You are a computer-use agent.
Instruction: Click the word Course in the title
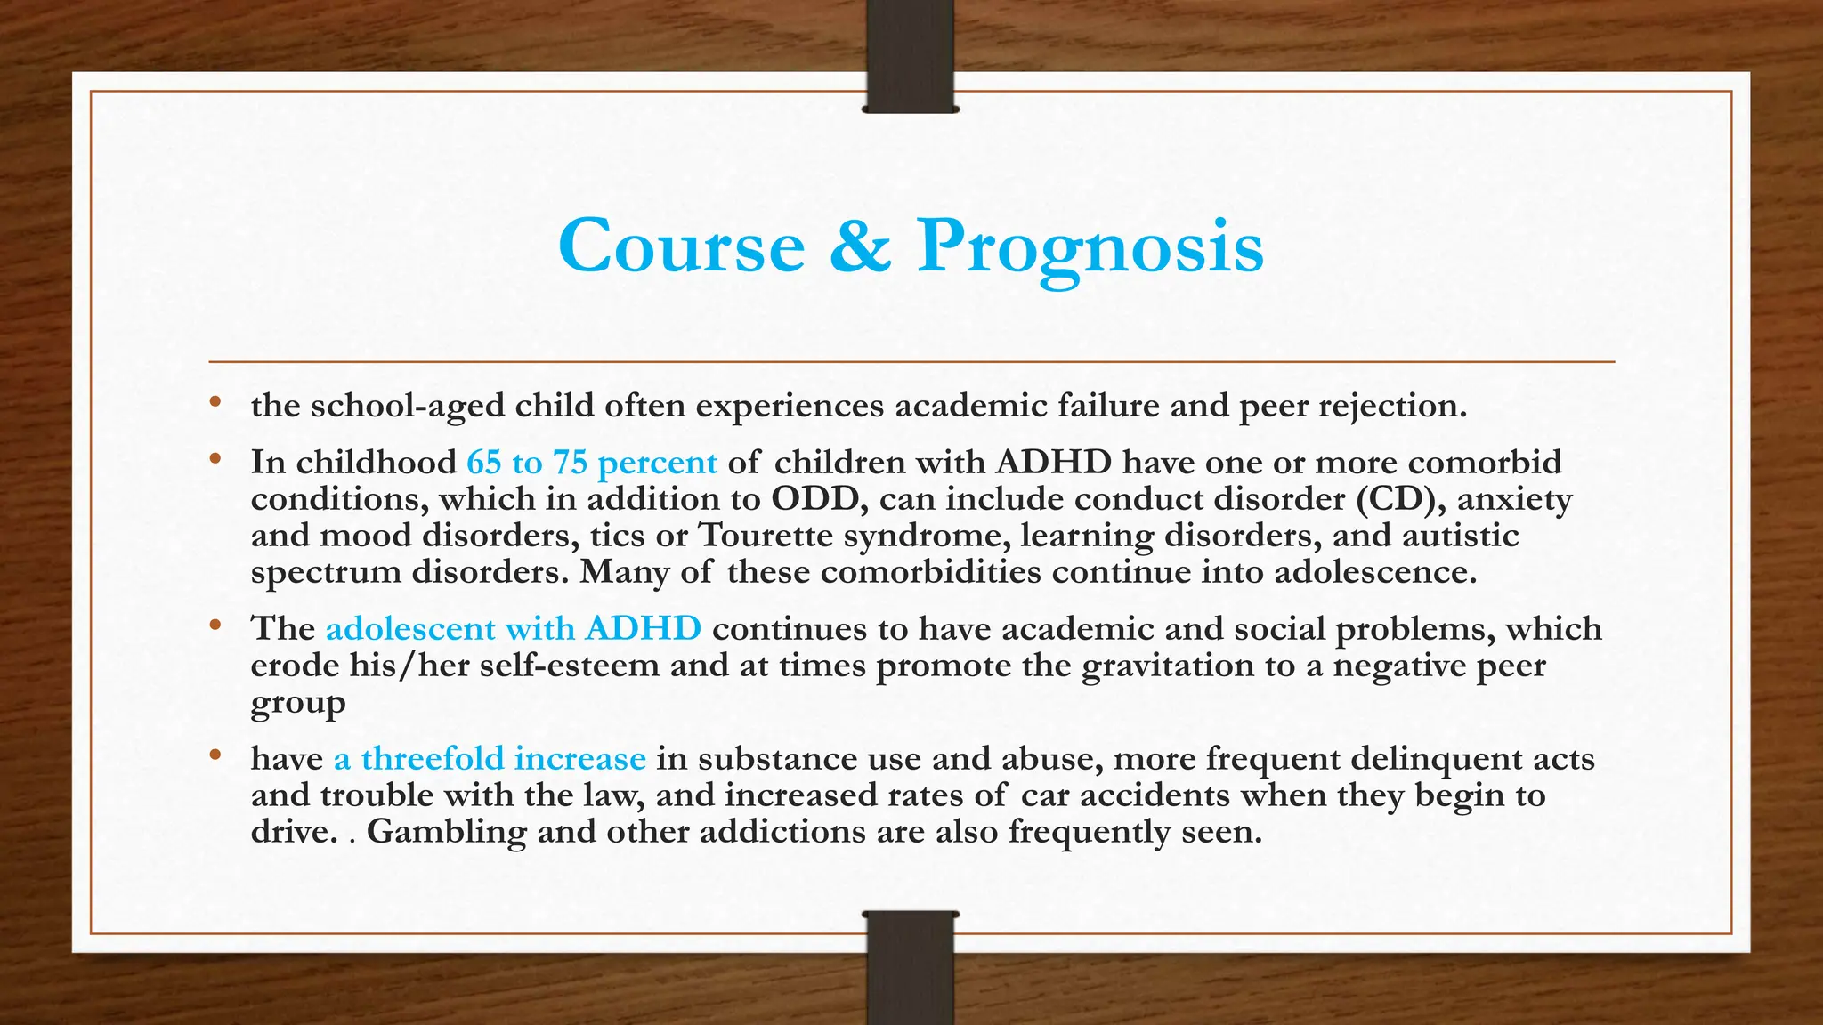[x=681, y=246]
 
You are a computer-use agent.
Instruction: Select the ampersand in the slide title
[x=860, y=246]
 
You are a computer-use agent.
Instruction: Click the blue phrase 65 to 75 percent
[x=591, y=462]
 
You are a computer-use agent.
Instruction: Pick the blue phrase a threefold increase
[x=490, y=758]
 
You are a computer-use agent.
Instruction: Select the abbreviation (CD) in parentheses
[x=1400, y=498]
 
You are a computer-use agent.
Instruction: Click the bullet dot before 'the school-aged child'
[x=215, y=403]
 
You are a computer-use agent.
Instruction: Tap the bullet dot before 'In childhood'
[x=215, y=460]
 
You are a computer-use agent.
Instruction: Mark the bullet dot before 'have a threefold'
[x=215, y=756]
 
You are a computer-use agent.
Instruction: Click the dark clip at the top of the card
[x=910, y=56]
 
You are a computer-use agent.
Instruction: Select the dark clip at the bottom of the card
[x=910, y=968]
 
